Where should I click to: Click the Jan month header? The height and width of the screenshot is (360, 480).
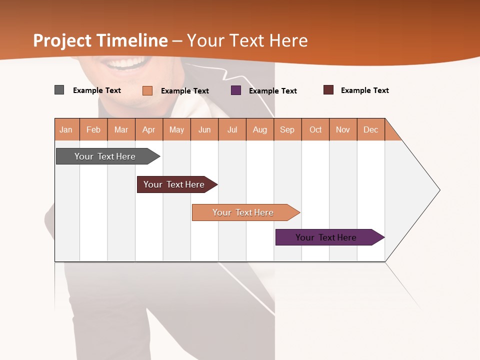pyautogui.click(x=66, y=129)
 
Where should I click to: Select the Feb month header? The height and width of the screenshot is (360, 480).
pyautogui.click(x=93, y=129)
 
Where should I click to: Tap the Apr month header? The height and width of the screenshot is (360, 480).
pyautogui.click(x=149, y=129)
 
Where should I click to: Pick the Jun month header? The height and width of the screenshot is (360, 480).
pyautogui.click(x=204, y=129)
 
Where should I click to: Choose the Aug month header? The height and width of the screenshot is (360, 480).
pyautogui.click(x=260, y=129)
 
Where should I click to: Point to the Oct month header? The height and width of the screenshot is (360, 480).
pyautogui.click(x=315, y=129)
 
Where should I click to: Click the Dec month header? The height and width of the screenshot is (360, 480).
pyautogui.click(x=371, y=129)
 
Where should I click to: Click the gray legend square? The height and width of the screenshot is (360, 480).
pyautogui.click(x=59, y=90)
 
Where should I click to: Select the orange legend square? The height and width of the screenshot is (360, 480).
pyautogui.click(x=147, y=90)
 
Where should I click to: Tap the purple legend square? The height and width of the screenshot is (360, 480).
pyautogui.click(x=236, y=90)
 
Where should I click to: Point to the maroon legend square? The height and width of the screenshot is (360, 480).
pyautogui.click(x=328, y=90)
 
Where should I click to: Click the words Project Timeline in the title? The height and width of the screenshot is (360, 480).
pyautogui.click(x=100, y=40)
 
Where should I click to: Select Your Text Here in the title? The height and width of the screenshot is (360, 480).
pyautogui.click(x=247, y=40)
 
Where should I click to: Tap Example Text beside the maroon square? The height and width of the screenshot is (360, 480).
pyautogui.click(x=364, y=90)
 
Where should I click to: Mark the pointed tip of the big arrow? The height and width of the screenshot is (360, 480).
pyautogui.click(x=438, y=190)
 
